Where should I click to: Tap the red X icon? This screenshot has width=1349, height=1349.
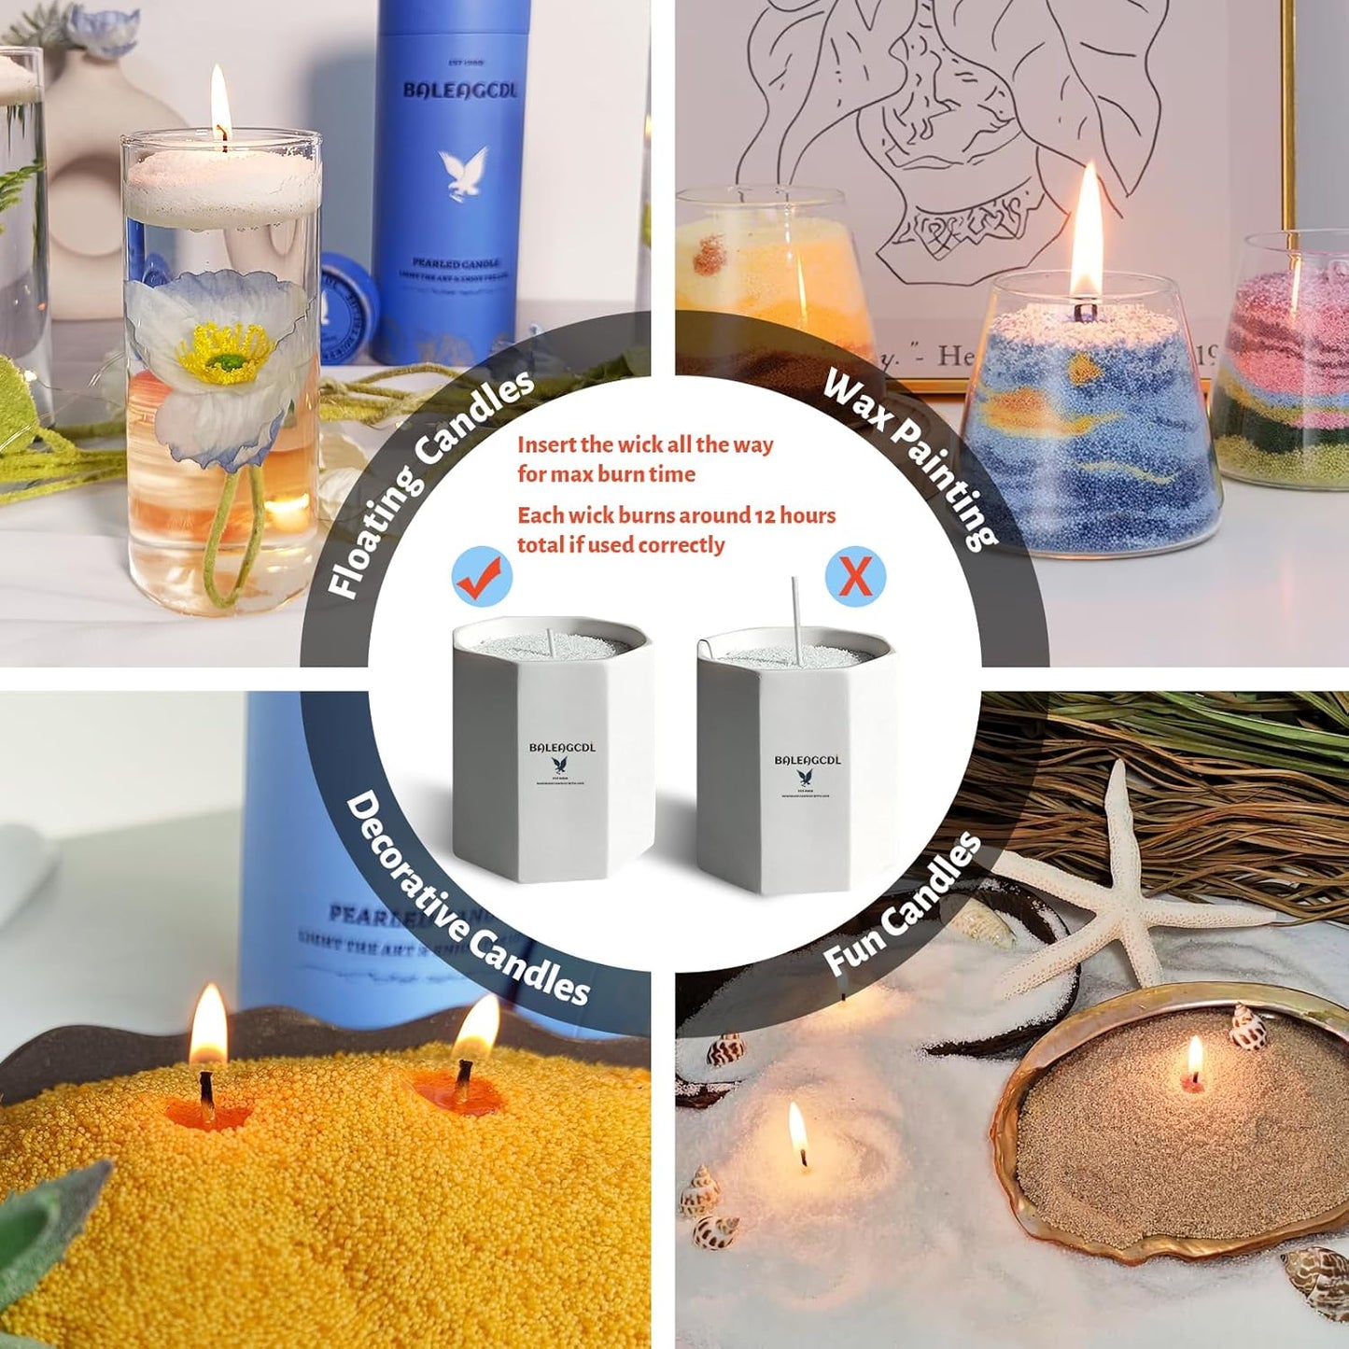point(855,576)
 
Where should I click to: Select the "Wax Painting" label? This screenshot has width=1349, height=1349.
point(910,458)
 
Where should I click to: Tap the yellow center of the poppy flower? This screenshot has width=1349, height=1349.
point(224,355)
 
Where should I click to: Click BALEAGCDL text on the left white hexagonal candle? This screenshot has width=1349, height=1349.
point(562,748)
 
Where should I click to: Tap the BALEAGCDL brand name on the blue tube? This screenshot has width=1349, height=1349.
point(459,91)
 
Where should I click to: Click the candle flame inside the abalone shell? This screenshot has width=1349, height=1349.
point(1194,1060)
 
